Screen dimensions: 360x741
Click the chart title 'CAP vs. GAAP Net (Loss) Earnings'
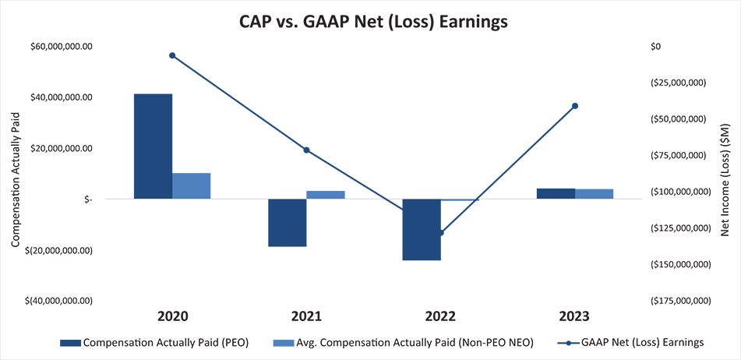(373, 22)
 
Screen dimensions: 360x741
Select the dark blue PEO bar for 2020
(153, 146)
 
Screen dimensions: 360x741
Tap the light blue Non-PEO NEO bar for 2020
(191, 185)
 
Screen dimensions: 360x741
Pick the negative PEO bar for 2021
(288, 222)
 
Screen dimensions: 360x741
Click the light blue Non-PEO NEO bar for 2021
(326, 195)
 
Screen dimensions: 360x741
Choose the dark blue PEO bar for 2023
(556, 193)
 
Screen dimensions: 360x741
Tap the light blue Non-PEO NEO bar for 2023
(594, 194)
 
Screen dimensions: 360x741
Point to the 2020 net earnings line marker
(172, 55)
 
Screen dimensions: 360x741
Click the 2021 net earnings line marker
(306, 150)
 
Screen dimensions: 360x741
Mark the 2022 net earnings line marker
(441, 233)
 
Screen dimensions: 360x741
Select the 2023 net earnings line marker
(575, 106)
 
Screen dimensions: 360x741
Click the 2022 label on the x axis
(440, 317)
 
